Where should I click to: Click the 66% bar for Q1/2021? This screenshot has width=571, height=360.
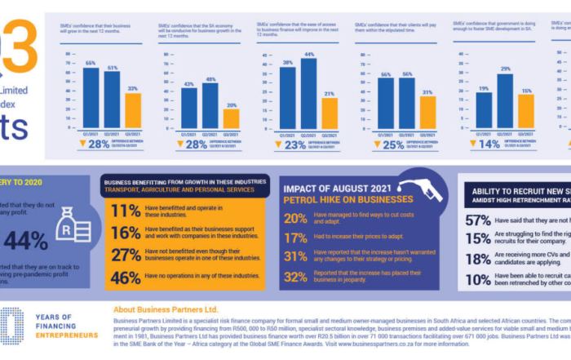(91, 97)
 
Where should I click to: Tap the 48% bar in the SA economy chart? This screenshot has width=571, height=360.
(210, 105)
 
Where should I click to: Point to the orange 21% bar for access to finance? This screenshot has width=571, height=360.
(330, 113)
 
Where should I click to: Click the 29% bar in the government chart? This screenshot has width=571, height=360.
(506, 101)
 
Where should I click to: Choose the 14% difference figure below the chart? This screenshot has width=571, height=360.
(489, 144)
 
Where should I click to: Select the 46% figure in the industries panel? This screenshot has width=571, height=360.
(126, 278)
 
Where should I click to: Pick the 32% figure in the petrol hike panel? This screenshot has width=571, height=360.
(294, 277)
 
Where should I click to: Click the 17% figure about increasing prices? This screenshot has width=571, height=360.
(294, 238)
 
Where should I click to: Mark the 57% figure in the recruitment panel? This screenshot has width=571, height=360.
(477, 220)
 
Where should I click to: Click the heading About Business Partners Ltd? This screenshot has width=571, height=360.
(166, 310)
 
